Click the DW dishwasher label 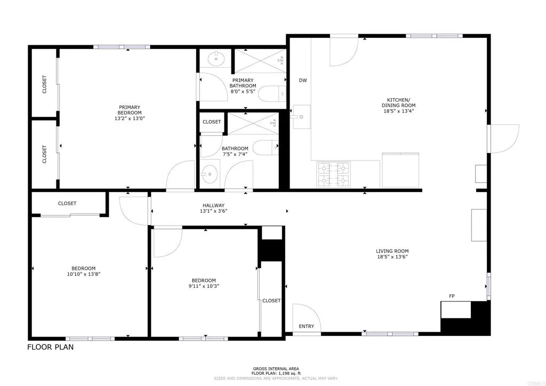(303, 81)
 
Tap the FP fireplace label (452, 296)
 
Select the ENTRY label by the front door (306, 326)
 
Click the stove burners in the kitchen (333, 174)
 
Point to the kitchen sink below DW (301, 116)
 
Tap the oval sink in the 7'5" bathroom (210, 174)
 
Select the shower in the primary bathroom (260, 60)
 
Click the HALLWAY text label (213, 205)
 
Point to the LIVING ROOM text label (392, 251)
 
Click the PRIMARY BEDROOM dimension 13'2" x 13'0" (130, 118)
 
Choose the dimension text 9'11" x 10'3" (204, 286)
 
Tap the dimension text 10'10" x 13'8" (84, 274)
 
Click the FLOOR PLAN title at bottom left (50, 348)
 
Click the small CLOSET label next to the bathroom (212, 122)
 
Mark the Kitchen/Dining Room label (398, 102)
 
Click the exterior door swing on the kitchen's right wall (504, 137)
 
